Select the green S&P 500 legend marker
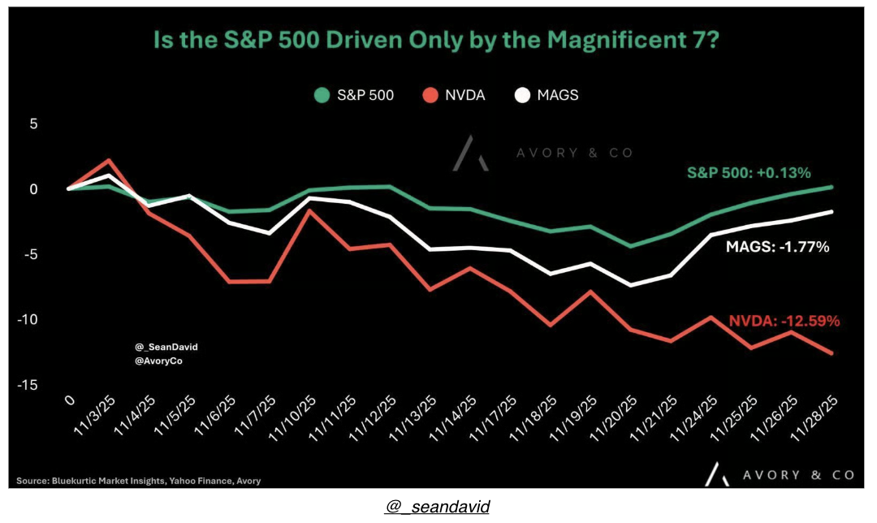[x=322, y=95]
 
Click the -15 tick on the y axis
[x=29, y=385]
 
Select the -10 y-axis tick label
[x=29, y=320]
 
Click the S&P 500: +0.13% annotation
[x=749, y=173]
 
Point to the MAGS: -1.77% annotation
[x=777, y=247]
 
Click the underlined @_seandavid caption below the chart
[x=438, y=507]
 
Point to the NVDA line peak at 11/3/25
[x=108, y=160]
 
